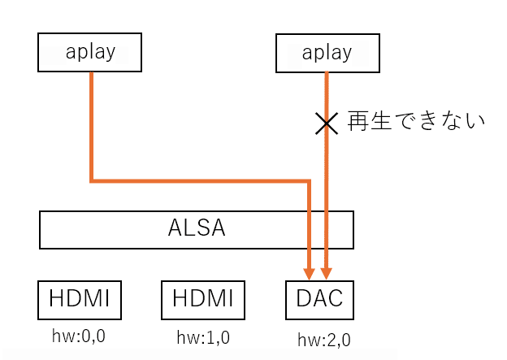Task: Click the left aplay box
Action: tap(89, 52)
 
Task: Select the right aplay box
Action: tap(327, 52)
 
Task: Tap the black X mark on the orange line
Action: tap(327, 123)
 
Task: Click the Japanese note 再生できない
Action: tap(415, 123)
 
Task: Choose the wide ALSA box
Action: tap(197, 229)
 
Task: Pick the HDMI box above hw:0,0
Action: tap(80, 300)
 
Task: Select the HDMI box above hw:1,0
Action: tap(203, 300)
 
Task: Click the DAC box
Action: tap(320, 300)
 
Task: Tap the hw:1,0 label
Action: tap(203, 336)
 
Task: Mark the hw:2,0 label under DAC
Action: tap(324, 340)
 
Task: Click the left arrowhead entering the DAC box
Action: tap(309, 274)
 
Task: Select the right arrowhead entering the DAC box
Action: tap(327, 274)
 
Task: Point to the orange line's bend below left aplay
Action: tap(91, 179)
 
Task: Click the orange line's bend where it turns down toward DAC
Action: tap(309, 179)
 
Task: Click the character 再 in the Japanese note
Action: tap(357, 123)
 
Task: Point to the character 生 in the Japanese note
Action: tap(380, 123)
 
